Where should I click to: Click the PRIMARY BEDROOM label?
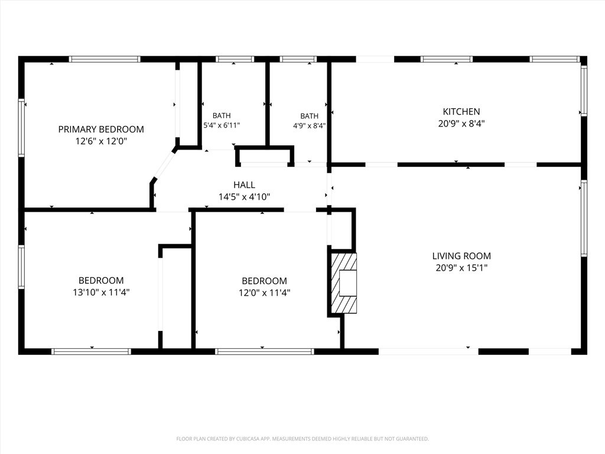click(101, 129)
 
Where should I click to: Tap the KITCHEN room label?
click(461, 112)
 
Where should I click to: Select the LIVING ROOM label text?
click(461, 255)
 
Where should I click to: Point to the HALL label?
click(244, 185)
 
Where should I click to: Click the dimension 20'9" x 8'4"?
click(461, 124)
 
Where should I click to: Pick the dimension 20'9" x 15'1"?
click(461, 268)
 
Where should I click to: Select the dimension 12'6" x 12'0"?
click(101, 141)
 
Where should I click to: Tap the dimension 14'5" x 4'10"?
click(244, 197)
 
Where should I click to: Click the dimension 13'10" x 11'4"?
click(101, 292)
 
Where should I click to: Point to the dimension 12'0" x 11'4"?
click(264, 293)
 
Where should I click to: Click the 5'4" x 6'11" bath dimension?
click(222, 125)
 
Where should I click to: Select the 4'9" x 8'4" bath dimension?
click(310, 125)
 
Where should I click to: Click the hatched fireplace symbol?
click(344, 283)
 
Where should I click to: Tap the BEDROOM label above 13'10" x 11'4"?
click(101, 280)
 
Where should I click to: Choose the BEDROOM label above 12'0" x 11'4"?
click(264, 281)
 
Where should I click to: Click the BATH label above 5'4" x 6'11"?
click(222, 115)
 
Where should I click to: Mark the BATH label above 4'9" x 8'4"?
click(310, 116)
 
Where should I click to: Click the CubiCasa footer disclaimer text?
click(302, 439)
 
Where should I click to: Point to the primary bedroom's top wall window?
click(105, 59)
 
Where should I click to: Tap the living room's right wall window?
click(584, 218)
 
